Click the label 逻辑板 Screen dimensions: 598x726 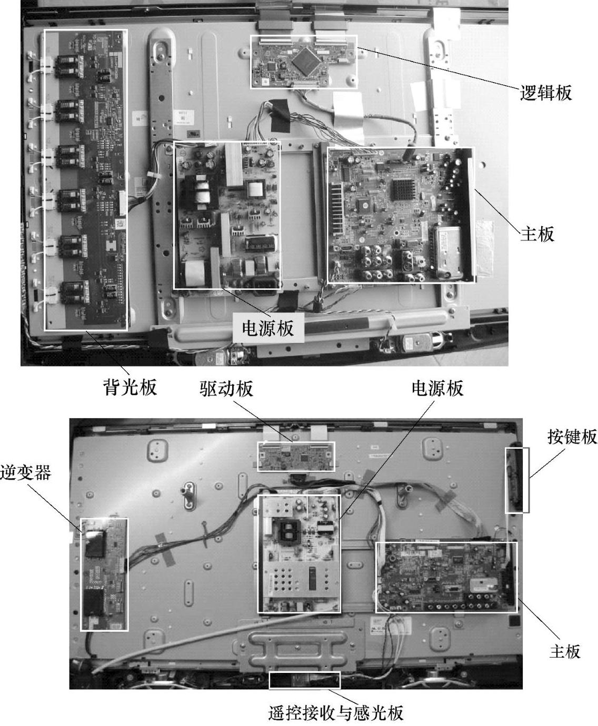[x=546, y=93]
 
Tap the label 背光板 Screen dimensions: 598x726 [x=130, y=387]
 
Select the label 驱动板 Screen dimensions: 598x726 [x=226, y=388]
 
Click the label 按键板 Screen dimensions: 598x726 [x=572, y=437]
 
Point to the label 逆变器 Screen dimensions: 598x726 [x=26, y=472]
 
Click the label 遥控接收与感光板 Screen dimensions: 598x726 [x=336, y=712]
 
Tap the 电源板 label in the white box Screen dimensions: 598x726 [x=267, y=328]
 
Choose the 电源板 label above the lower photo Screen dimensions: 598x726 [x=437, y=388]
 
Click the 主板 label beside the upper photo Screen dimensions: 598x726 [x=537, y=234]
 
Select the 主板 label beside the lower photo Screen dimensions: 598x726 [x=565, y=652]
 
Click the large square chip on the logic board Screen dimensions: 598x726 [x=307, y=60]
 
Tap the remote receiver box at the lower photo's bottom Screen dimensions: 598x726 [x=304, y=680]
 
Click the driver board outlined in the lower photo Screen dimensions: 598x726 [x=296, y=457]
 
